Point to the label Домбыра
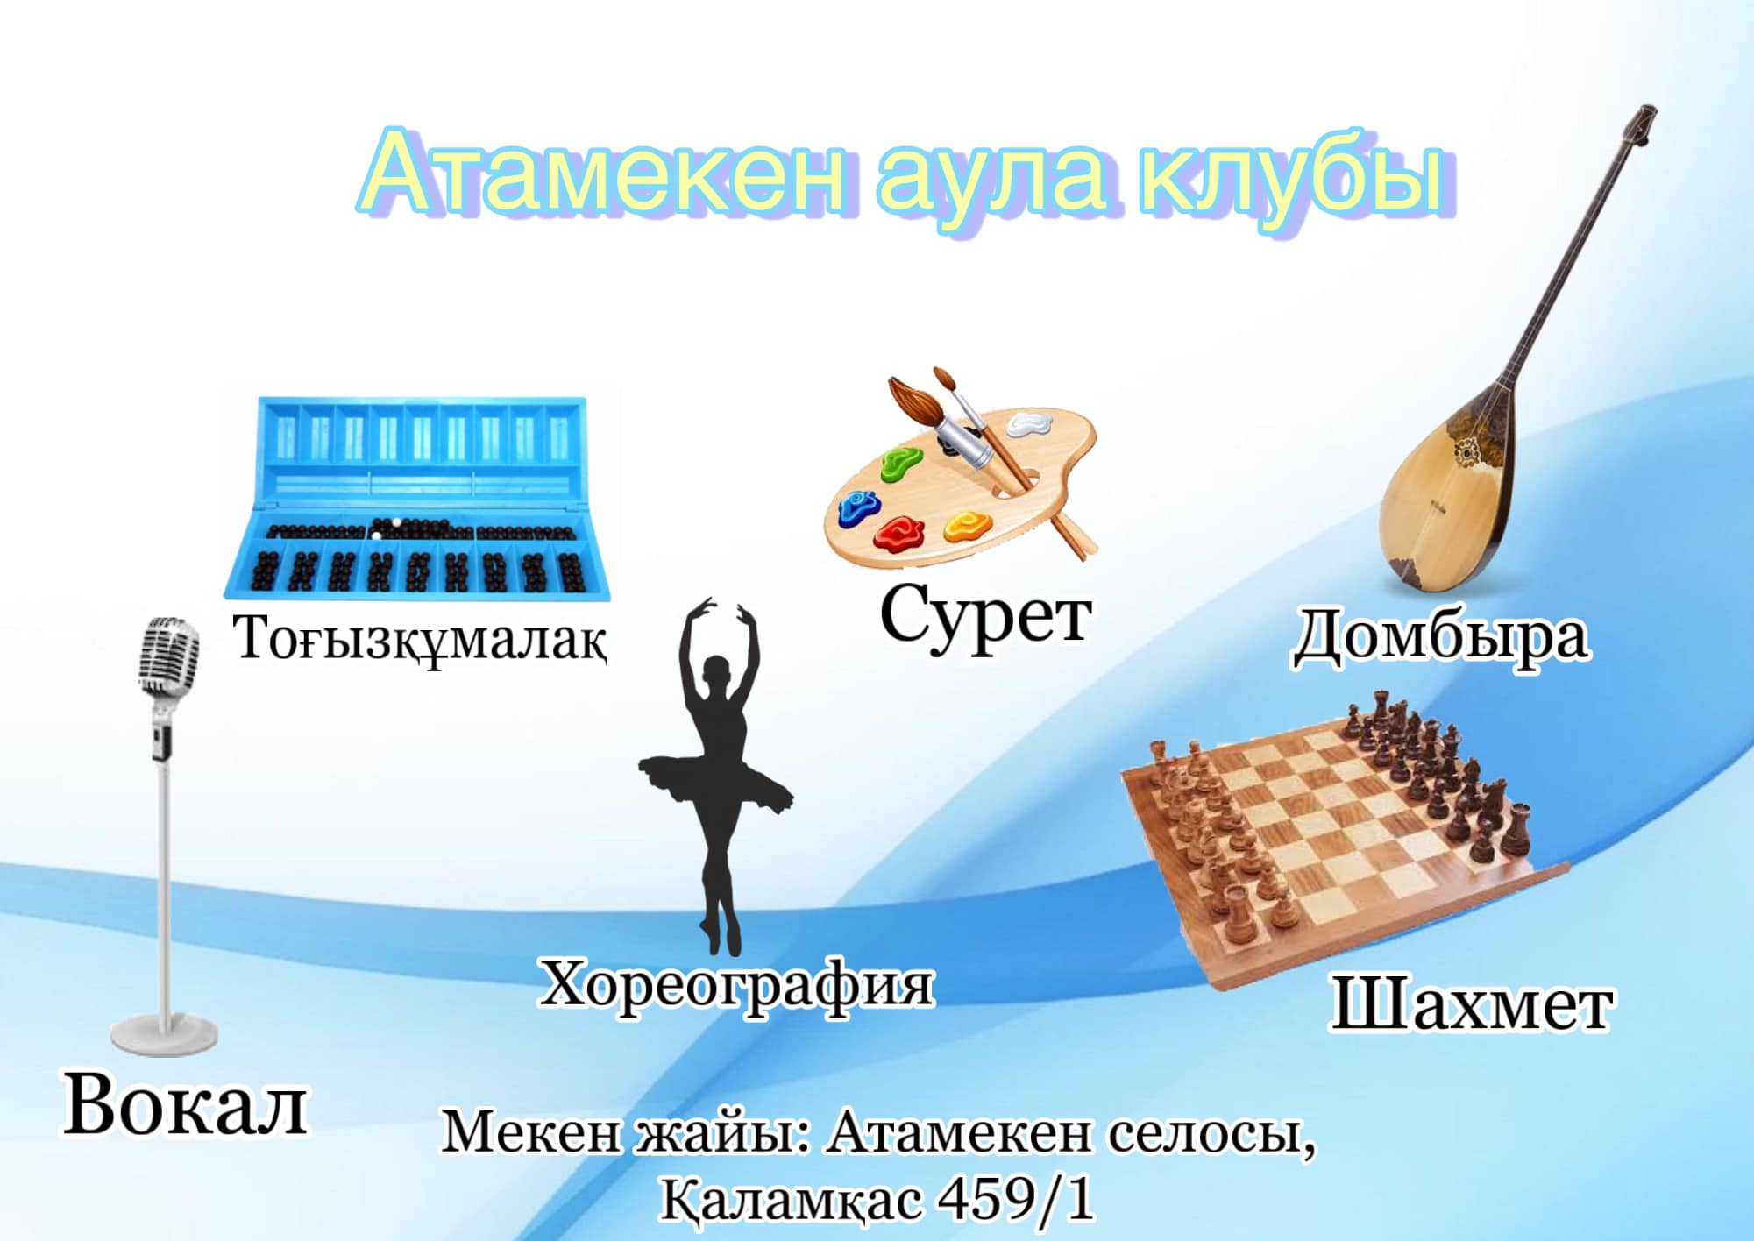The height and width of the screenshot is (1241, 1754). [1441, 636]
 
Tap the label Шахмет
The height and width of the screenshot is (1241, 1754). [1472, 1003]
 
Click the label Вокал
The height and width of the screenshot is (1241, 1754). [185, 1106]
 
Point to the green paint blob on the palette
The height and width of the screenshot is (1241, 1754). [903, 464]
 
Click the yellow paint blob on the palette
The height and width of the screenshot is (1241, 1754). [967, 526]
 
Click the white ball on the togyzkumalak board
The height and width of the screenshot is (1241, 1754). [396, 523]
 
